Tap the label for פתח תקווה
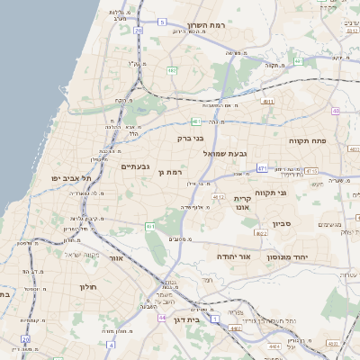[307, 141]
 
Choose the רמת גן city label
[169, 172]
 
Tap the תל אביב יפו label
[67, 179]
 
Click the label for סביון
[278, 224]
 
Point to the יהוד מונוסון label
[287, 257]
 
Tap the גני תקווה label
[295, 193]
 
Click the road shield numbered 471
[262, 168]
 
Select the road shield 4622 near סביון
[262, 233]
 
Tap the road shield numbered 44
[161, 318]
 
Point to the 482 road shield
[171, 69]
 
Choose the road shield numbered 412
[219, 195]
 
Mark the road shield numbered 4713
[311, 170]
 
